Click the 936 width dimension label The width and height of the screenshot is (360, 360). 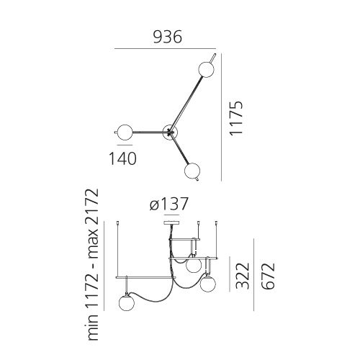(168, 37)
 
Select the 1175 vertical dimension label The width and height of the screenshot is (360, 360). (236, 118)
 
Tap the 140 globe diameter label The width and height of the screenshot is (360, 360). (122, 158)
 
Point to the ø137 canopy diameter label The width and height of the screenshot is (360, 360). (168, 204)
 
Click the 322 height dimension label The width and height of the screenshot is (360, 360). (243, 276)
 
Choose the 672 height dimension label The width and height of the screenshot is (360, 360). (267, 276)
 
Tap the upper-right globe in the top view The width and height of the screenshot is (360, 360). (206, 70)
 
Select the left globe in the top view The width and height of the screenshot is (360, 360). (125, 132)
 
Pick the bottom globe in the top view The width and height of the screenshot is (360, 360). (192, 171)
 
